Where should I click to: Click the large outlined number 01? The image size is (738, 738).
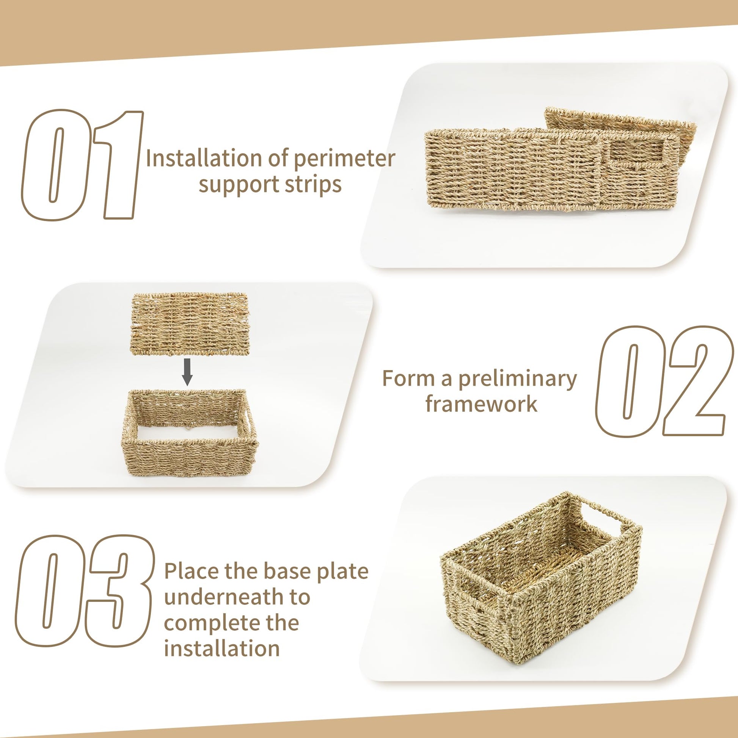[82, 165]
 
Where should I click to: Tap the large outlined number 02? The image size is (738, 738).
[664, 381]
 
